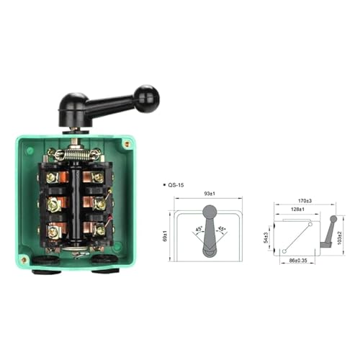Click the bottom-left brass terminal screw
pyautogui.click(x=53, y=232)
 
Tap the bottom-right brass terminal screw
pyautogui.click(x=99, y=230)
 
